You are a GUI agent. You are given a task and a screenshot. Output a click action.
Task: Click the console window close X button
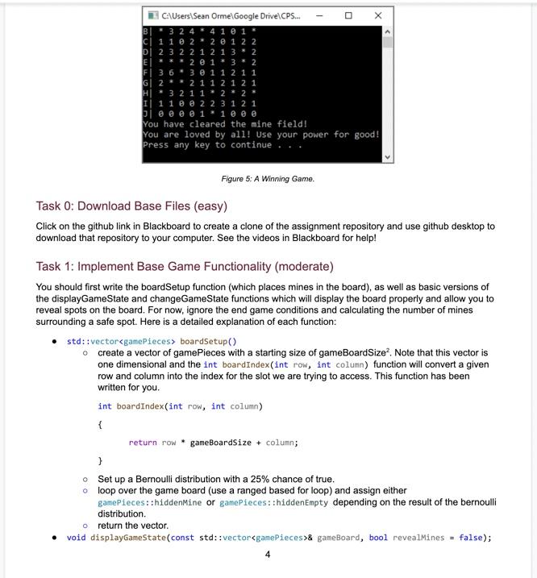377,15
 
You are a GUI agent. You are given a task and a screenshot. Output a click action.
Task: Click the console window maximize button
348,15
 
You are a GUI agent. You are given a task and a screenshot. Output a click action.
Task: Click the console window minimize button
319,15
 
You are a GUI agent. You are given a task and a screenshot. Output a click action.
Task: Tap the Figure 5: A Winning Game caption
268,179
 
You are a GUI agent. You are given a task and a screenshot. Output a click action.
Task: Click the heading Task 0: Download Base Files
131,206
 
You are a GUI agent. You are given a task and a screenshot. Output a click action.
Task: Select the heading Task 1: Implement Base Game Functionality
185,266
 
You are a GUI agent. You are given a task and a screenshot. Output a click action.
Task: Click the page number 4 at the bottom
268,554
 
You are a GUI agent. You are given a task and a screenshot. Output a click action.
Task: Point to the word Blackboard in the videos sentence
299,239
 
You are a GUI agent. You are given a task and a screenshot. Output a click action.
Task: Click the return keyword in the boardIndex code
143,443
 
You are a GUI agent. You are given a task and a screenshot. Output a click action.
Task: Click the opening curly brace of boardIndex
100,424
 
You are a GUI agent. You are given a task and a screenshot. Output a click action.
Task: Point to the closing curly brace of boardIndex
100,461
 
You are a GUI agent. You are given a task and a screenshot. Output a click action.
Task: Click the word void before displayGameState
76,538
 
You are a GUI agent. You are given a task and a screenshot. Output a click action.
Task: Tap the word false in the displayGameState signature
472,538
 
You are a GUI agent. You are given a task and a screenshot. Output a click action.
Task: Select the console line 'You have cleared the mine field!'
225,124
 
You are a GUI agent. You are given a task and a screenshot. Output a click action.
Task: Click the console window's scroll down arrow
388,157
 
